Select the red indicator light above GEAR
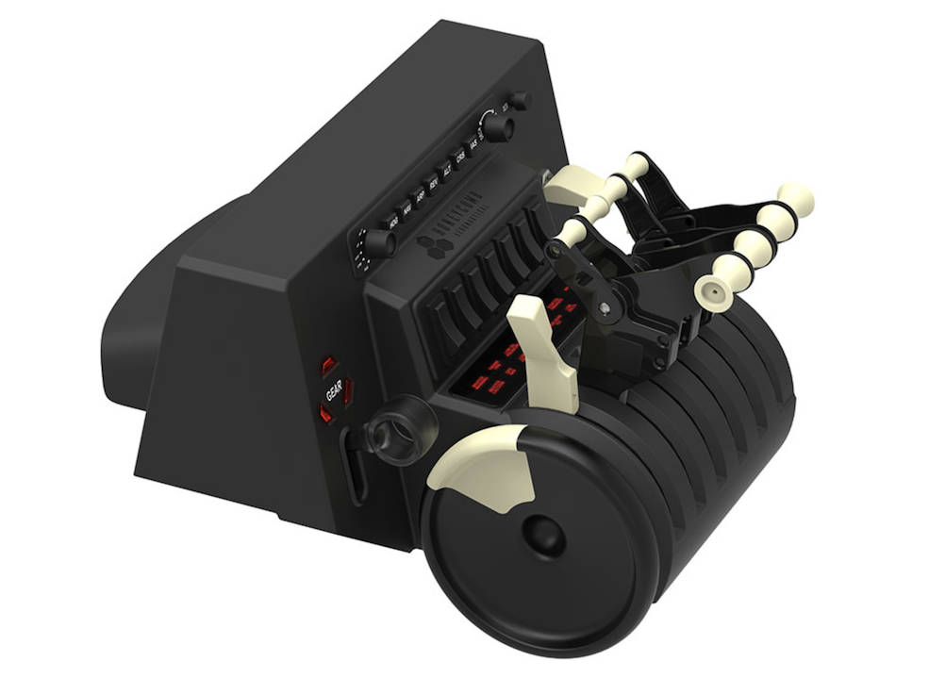click(x=327, y=364)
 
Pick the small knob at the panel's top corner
click(x=520, y=101)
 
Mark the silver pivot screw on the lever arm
click(x=603, y=307)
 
